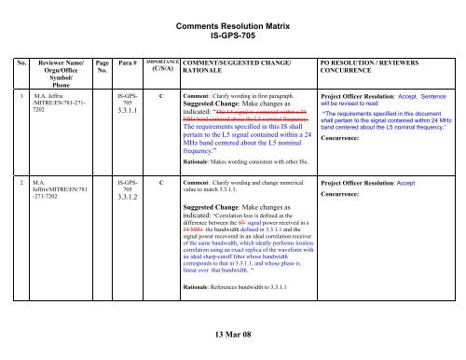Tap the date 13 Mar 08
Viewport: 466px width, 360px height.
(233, 337)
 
